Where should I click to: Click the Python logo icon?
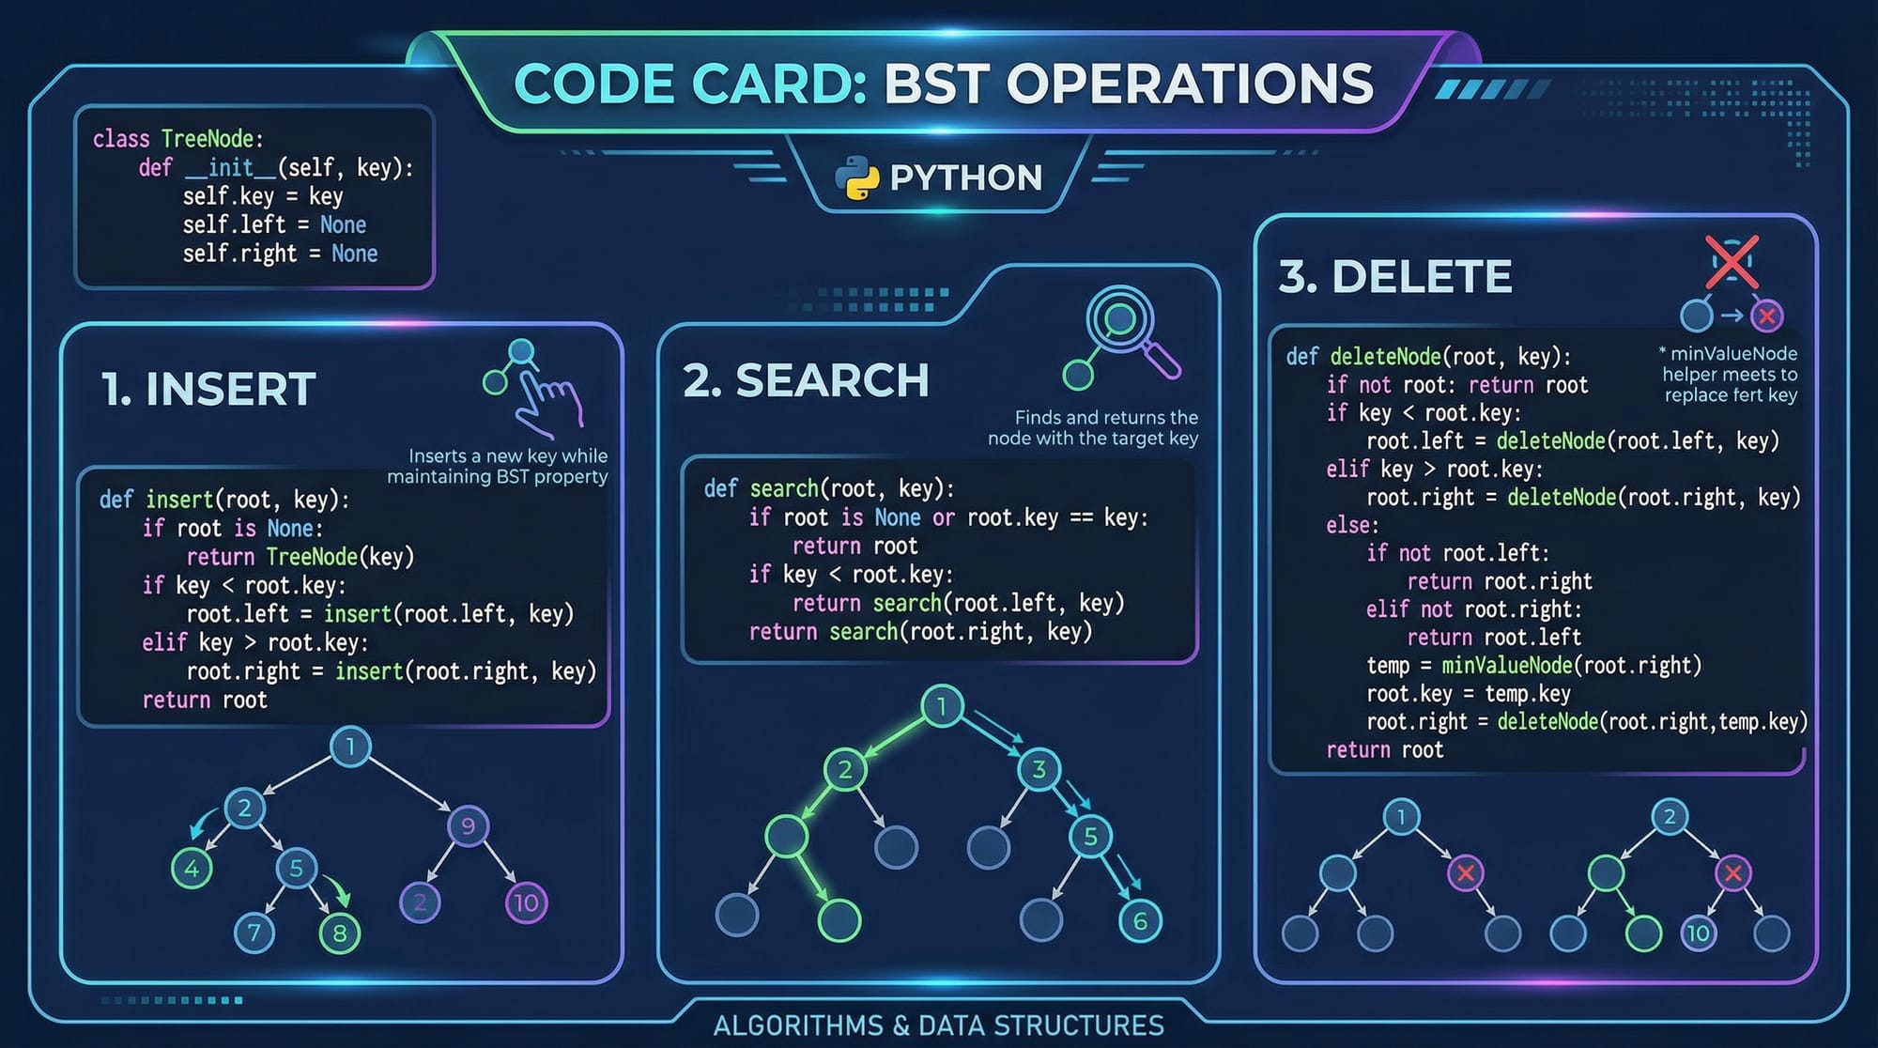click(856, 177)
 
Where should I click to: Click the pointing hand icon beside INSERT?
click(545, 399)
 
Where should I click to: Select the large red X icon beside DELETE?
click(1732, 261)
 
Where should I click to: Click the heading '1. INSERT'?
click(208, 389)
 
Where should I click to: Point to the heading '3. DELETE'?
click(1395, 276)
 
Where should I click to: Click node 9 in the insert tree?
click(468, 825)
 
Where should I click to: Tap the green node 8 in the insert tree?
click(340, 932)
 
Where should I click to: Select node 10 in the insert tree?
click(526, 903)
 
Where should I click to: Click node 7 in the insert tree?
click(254, 932)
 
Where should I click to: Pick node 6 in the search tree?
click(1140, 921)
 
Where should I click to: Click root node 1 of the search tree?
click(942, 705)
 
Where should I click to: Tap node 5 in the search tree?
click(1090, 836)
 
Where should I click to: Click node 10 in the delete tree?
click(1698, 933)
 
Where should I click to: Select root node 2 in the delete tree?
click(1669, 816)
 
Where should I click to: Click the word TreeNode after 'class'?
click(208, 139)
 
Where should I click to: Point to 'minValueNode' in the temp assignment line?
click(1506, 666)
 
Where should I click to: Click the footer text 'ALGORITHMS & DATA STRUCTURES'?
click(938, 1025)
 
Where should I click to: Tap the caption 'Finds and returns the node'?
click(1094, 427)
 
